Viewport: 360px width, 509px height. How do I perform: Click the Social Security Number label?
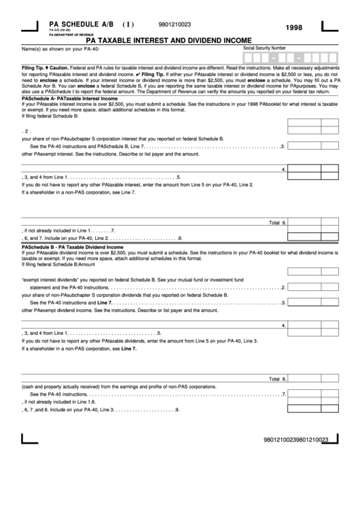[264, 48]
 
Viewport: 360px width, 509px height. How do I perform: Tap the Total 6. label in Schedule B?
[278, 379]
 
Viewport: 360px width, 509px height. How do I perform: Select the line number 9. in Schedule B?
[177, 410]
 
